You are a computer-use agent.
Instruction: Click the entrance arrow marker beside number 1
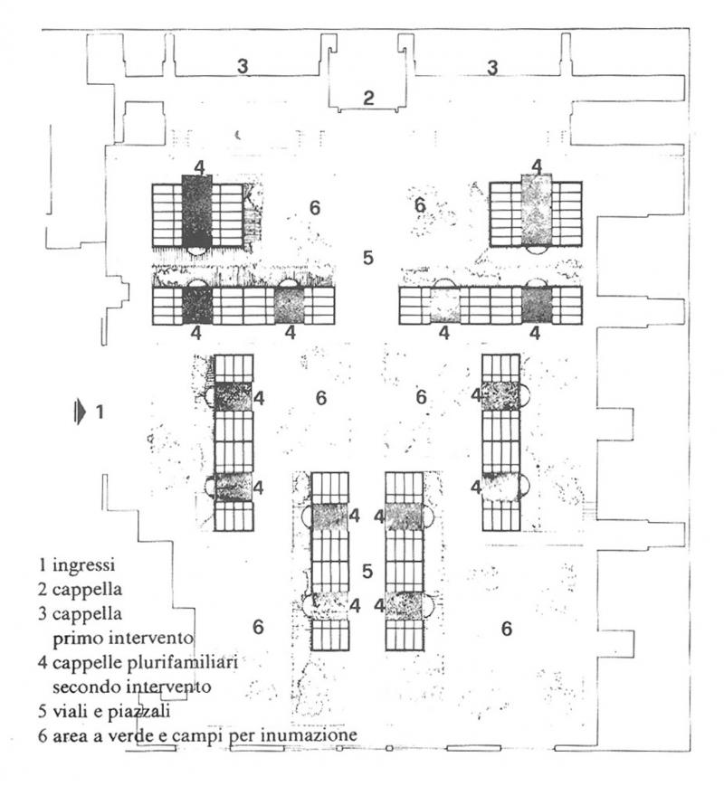point(81,412)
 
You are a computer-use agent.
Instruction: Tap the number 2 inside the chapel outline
point(368,99)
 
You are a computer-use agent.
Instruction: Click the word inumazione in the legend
point(306,736)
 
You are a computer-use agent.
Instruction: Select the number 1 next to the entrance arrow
point(100,412)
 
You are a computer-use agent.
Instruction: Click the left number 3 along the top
point(243,66)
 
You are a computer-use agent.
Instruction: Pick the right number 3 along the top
point(492,67)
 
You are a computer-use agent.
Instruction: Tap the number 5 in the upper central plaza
point(367,258)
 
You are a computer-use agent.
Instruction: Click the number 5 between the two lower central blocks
point(367,571)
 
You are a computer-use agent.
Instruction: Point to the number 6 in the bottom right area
point(507,627)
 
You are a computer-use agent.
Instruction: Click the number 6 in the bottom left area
point(258,627)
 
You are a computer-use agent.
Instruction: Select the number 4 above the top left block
point(198,166)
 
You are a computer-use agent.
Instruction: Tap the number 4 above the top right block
point(537,166)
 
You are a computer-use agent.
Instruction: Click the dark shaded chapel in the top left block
point(196,211)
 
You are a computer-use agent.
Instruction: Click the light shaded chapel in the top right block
point(536,211)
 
